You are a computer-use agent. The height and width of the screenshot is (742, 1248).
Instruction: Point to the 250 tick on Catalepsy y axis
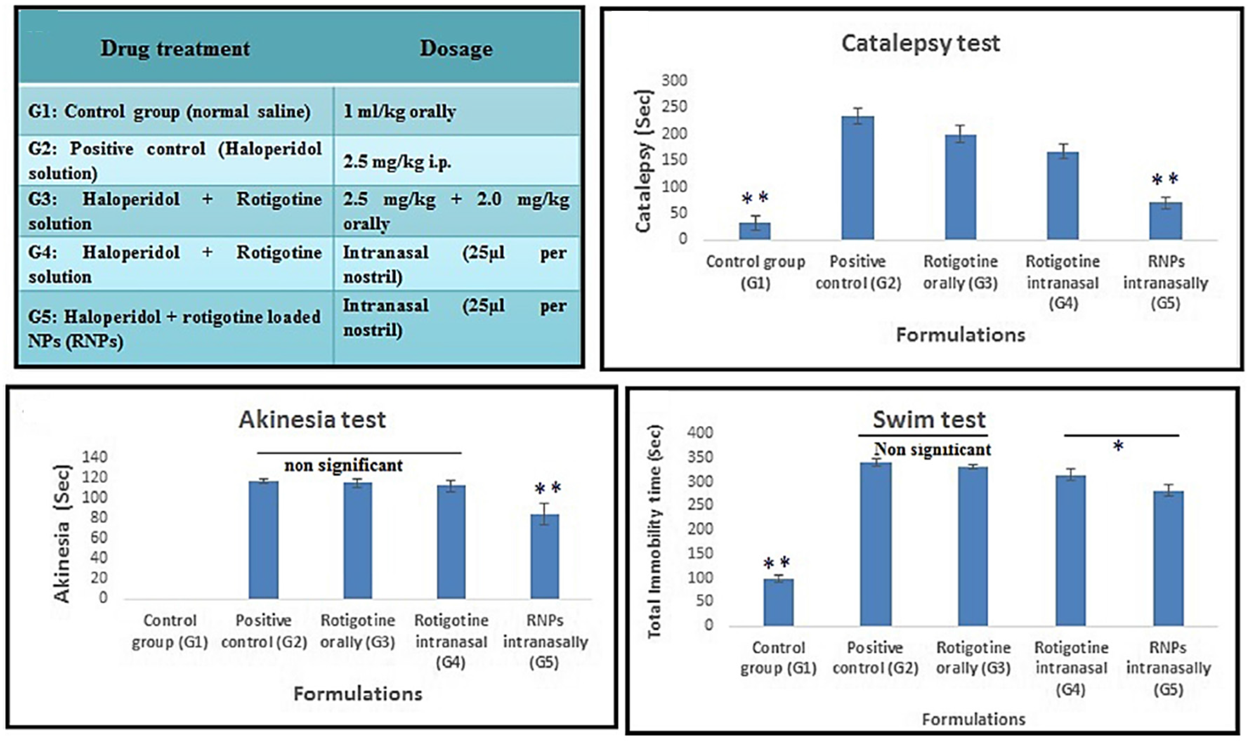coord(674,107)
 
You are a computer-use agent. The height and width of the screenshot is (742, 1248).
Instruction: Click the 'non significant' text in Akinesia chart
coord(344,466)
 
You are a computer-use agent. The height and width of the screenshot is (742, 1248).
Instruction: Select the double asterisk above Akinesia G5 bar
coord(548,488)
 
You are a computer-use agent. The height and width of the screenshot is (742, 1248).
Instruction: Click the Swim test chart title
coord(929,420)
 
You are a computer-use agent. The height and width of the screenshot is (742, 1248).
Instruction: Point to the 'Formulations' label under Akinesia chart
coord(358,694)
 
